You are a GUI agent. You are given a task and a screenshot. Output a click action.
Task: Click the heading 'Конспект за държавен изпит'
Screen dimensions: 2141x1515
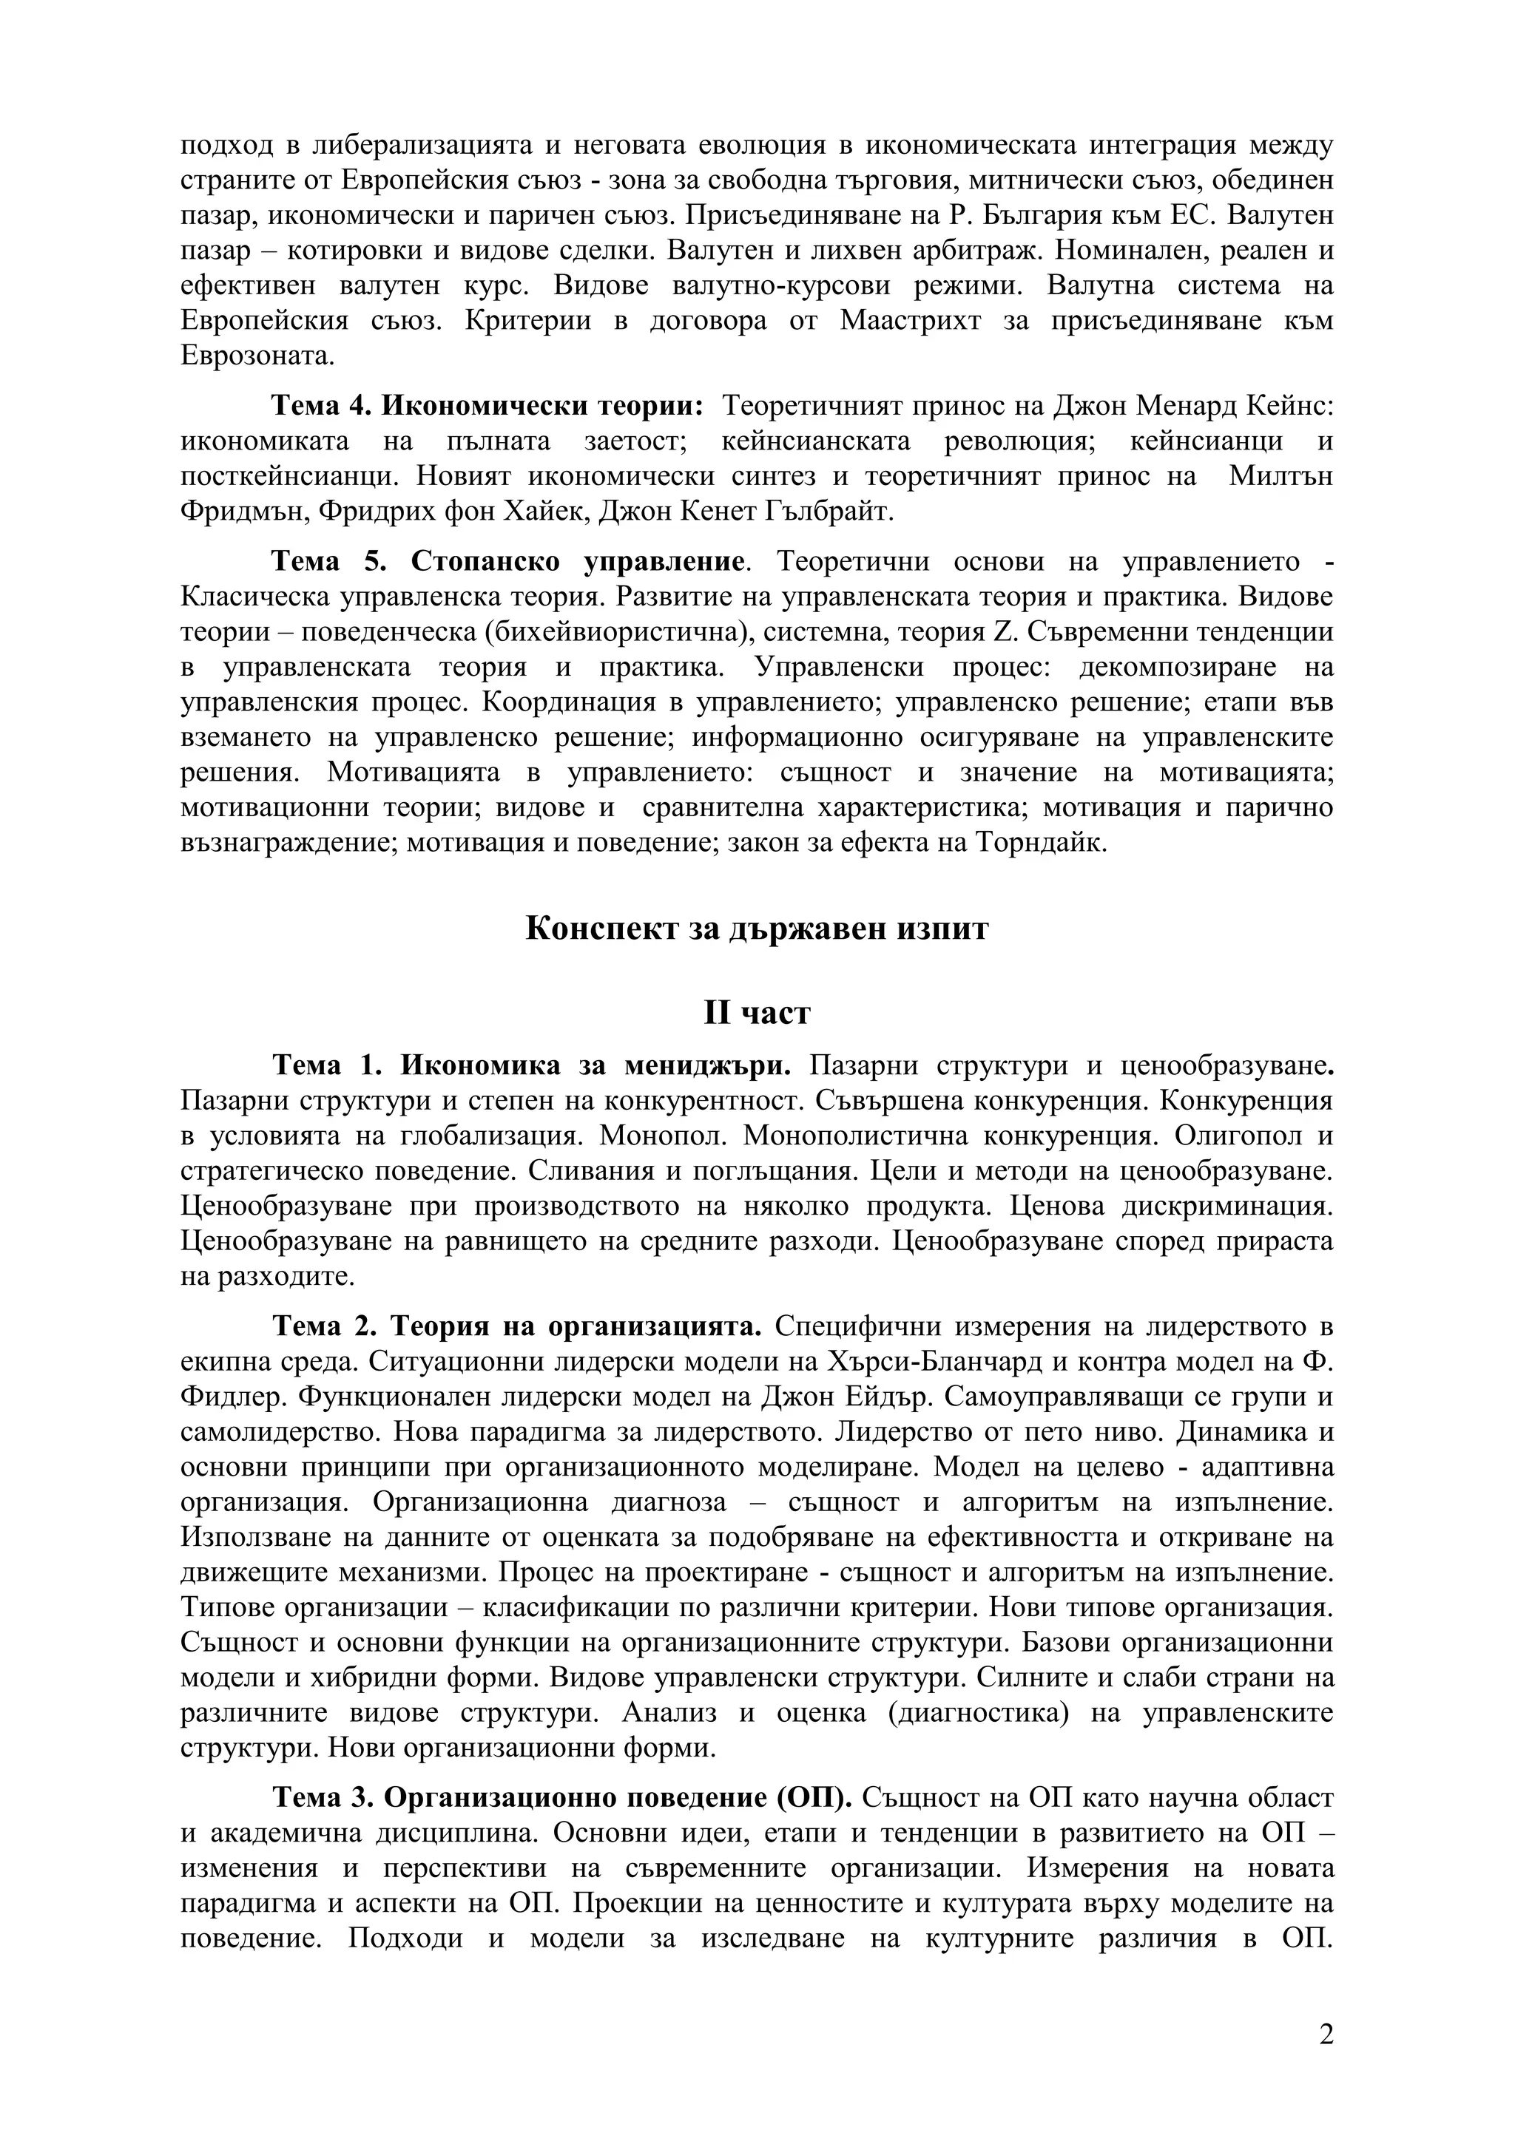[x=757, y=929]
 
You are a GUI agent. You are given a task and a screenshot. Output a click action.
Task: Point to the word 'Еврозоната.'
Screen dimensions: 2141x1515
[x=257, y=356]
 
